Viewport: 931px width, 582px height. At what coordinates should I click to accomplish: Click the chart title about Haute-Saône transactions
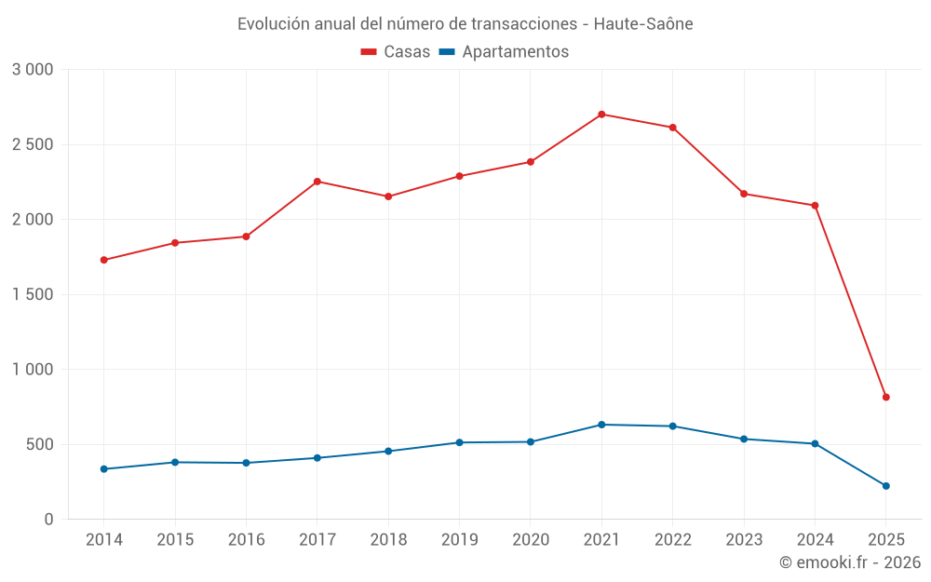[465, 23]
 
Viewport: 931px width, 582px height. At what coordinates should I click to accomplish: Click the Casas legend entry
[396, 52]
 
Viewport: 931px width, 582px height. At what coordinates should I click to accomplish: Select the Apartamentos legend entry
[504, 52]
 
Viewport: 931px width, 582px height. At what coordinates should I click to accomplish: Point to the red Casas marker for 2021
[601, 115]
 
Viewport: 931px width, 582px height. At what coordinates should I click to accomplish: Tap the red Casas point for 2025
[885, 398]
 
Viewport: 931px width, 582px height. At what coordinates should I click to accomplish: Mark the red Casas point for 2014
[104, 260]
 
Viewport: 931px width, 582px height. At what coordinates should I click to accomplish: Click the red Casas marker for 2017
[317, 182]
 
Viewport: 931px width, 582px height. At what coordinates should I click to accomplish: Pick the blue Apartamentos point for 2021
[601, 425]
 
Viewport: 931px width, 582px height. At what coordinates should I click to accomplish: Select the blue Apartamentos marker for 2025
[885, 486]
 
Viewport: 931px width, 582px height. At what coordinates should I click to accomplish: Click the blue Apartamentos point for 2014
[104, 469]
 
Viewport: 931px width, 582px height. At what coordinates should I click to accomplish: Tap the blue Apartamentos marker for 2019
[459, 442]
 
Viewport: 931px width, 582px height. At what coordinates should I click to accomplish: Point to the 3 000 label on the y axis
[33, 70]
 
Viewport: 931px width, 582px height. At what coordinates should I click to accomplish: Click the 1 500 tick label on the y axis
[33, 295]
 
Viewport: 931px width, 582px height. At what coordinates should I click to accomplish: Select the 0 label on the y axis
[49, 520]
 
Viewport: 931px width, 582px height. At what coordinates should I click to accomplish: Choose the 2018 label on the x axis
[388, 540]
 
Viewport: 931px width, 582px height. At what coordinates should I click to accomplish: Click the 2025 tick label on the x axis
[885, 540]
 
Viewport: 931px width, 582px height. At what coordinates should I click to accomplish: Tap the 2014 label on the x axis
[104, 540]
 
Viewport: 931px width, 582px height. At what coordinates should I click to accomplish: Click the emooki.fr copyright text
[849, 562]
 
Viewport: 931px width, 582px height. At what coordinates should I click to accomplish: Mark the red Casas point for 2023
[744, 194]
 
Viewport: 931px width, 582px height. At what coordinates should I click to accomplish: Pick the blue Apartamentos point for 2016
[246, 463]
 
